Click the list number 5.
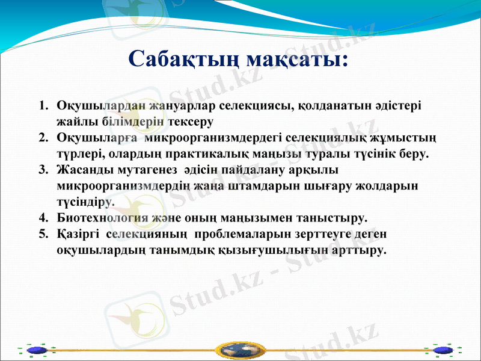[x=43, y=232]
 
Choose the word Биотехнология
[x=100, y=216]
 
